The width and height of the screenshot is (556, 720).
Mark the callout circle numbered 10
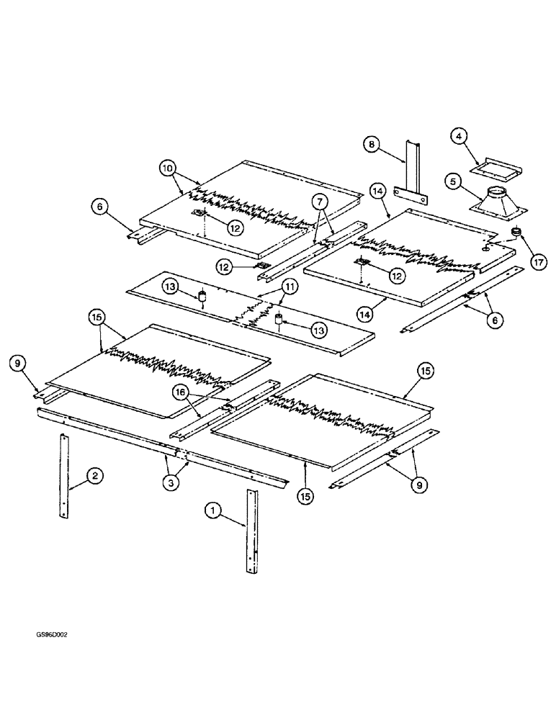click(166, 169)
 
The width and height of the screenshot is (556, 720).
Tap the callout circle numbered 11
click(288, 288)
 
